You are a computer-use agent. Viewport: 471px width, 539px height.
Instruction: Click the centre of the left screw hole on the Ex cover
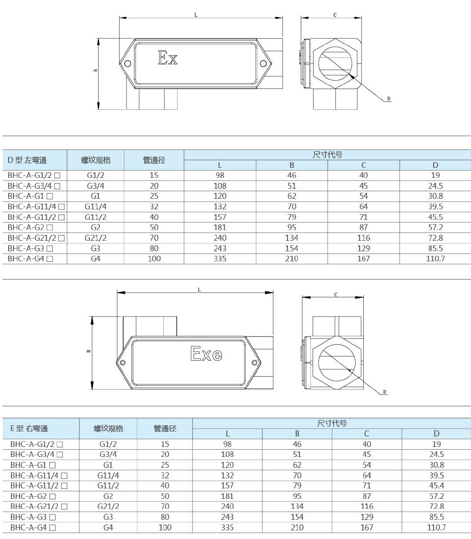pos(128,63)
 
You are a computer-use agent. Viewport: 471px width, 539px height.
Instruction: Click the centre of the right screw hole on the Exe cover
pos(255,363)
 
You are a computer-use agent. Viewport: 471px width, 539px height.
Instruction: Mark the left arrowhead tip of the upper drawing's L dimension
pos(120,17)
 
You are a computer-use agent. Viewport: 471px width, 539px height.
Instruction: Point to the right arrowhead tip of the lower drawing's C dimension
pos(363,297)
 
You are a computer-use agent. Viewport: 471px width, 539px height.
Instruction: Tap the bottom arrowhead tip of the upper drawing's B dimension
pos(99,109)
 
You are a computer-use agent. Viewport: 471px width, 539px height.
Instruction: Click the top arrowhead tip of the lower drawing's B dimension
pos(92,316)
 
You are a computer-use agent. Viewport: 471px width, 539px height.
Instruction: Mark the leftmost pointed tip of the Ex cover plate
pos(120,63)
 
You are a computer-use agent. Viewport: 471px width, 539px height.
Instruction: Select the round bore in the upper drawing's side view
pos(335,63)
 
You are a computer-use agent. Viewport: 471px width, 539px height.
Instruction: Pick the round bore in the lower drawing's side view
pos(337,362)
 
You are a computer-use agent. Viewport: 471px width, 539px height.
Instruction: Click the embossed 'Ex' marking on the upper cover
pos(167,58)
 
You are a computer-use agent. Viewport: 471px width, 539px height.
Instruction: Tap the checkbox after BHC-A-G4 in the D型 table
pos(50,259)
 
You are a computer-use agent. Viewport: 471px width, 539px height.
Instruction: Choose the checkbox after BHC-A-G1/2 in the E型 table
pos(60,444)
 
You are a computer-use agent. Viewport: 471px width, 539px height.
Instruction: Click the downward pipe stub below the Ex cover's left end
pos(152,99)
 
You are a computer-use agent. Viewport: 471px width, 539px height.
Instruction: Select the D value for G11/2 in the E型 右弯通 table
pos(437,486)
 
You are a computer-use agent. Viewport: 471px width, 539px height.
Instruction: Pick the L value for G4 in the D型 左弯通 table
pos(220,259)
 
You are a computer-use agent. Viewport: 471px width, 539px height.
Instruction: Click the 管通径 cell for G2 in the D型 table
pos(154,228)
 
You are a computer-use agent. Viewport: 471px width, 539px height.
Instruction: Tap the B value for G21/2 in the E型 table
pos(297,506)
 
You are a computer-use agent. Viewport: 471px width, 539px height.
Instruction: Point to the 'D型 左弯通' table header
pos(27,160)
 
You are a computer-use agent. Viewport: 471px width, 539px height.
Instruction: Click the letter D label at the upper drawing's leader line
pos(389,98)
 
